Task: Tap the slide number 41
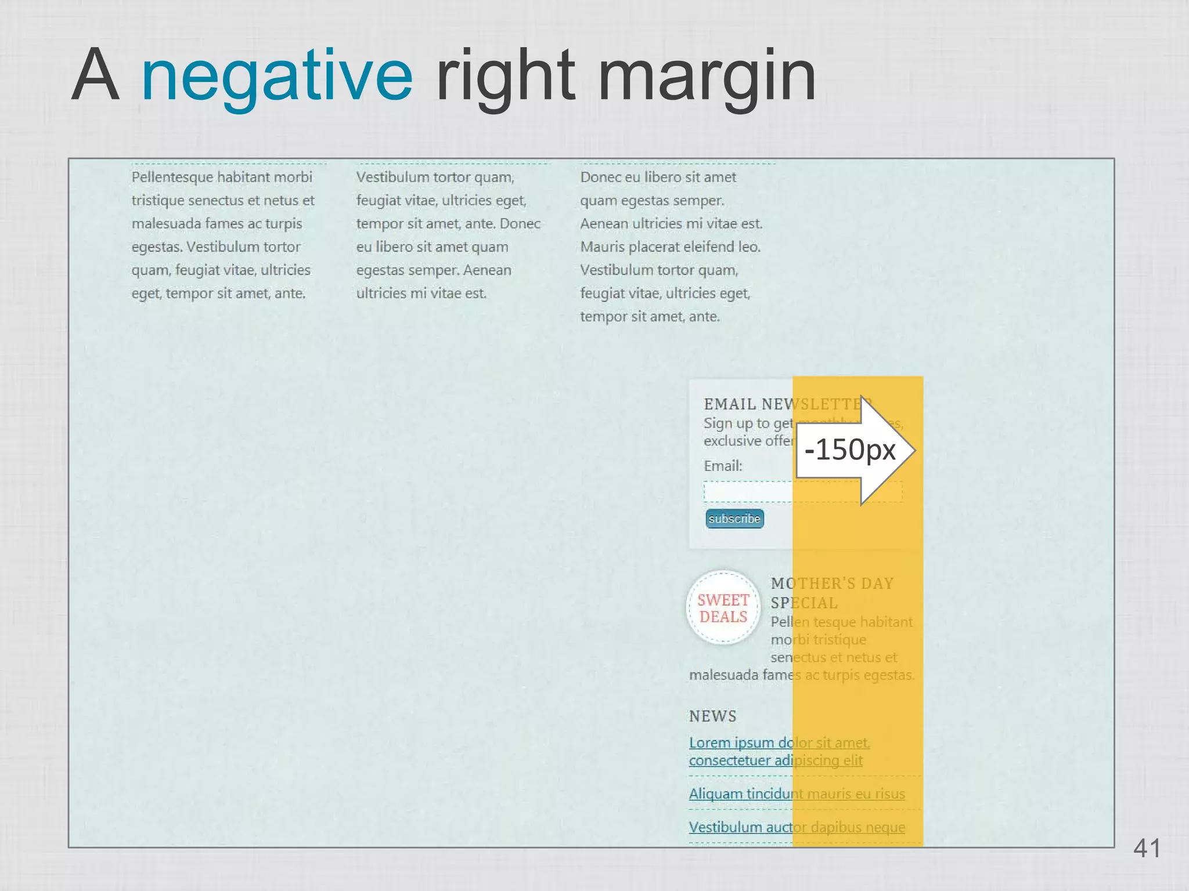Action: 1147,848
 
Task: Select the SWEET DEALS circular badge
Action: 723,608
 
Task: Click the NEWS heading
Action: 712,716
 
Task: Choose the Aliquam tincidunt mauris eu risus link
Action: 797,794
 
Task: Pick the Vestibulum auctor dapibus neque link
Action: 797,827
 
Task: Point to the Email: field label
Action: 723,466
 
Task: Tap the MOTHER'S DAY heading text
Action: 832,584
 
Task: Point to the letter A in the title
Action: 96,75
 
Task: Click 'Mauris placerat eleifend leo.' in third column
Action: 670,247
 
